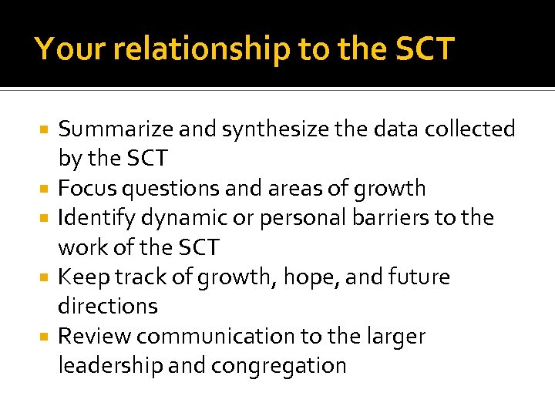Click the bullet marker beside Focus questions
tap(45, 189)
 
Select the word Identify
tap(93, 218)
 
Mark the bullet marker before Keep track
tap(45, 277)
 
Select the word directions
tap(108, 307)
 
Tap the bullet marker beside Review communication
tap(45, 337)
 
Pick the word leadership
tap(109, 366)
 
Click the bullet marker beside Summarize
tap(45, 129)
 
